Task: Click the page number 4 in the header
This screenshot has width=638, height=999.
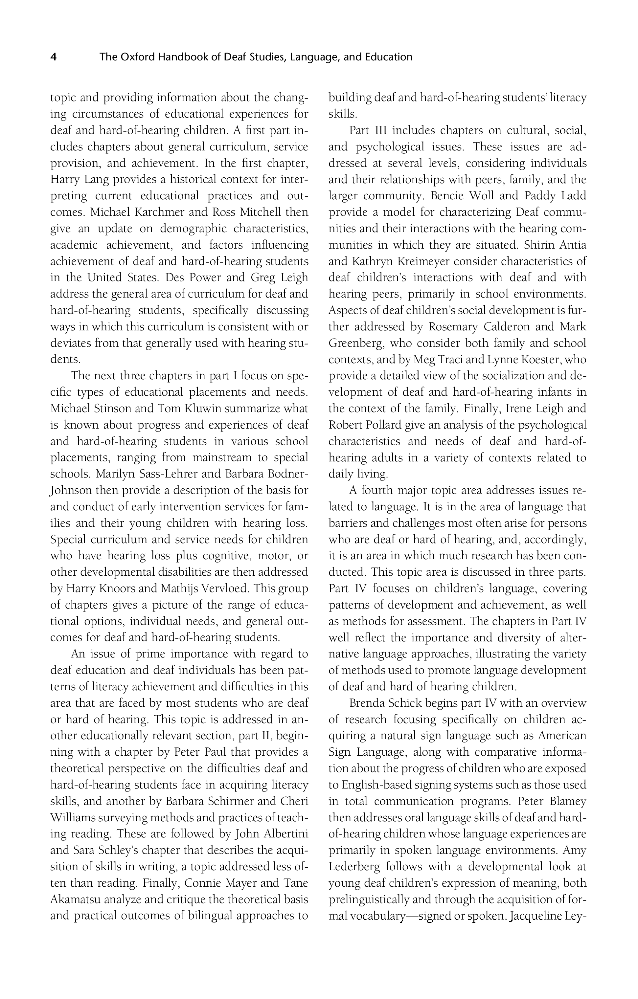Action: point(54,57)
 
